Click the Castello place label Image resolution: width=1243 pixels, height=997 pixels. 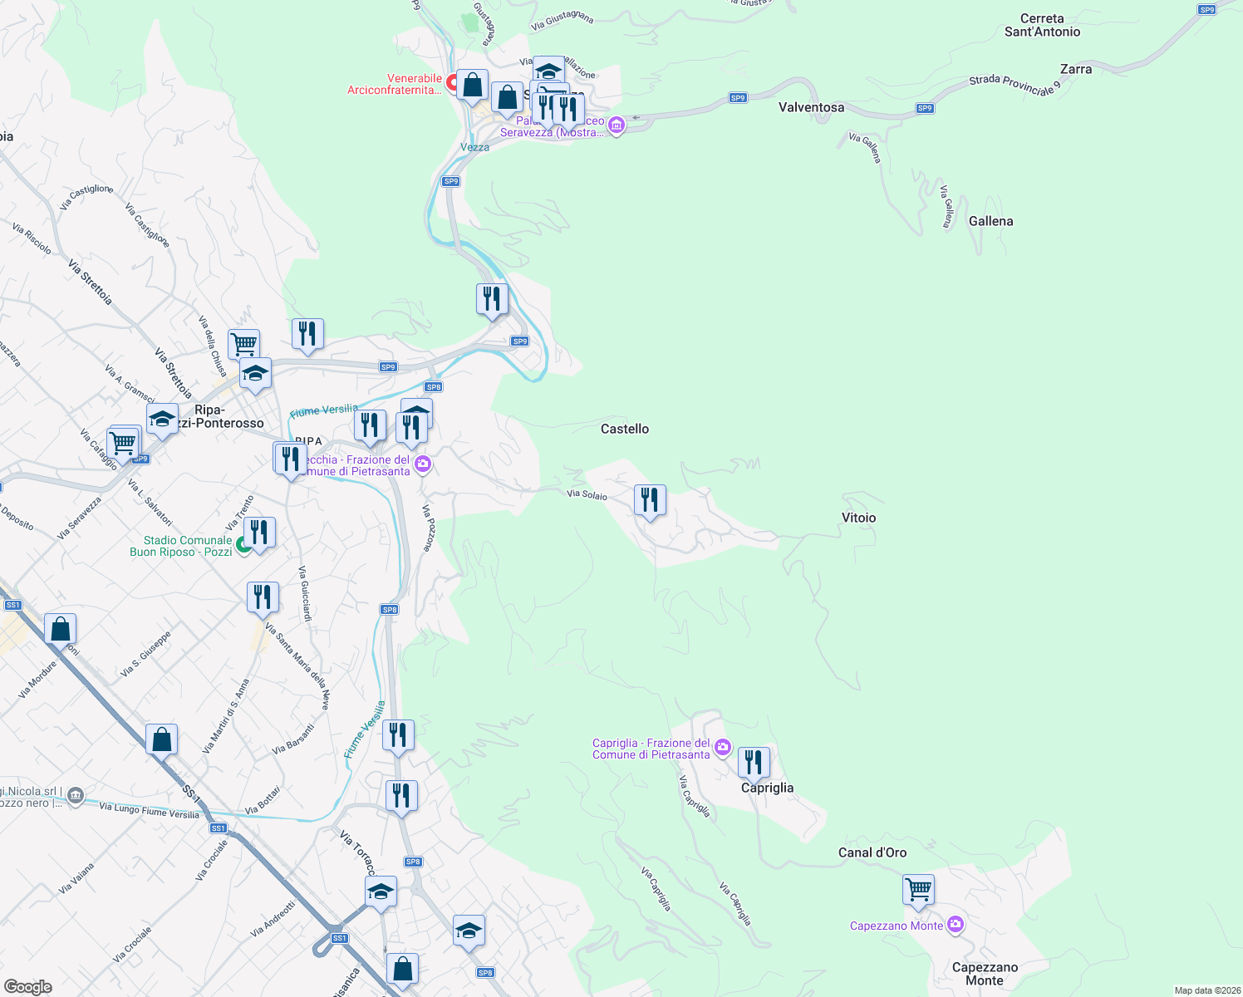point(625,429)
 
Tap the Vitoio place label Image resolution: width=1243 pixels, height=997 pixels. point(858,518)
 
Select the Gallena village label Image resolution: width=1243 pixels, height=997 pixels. point(990,221)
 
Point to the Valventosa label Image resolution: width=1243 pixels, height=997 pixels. point(811,107)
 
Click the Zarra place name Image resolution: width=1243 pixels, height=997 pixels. point(1076,69)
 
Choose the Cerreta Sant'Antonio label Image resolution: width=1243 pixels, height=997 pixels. point(1042,25)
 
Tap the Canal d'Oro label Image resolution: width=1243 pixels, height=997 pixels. point(872,852)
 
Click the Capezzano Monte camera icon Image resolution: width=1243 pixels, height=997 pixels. point(956,925)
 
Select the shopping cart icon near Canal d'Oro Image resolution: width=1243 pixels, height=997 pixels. point(918,889)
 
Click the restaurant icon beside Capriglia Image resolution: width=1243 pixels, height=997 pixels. point(754,762)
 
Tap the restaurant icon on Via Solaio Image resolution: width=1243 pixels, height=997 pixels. point(650,500)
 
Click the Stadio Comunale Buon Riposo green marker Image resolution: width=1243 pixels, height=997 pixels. point(243,545)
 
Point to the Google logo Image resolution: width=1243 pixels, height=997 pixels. point(27,987)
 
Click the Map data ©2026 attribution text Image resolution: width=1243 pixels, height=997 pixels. point(1206,990)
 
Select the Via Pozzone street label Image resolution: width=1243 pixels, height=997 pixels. point(428,528)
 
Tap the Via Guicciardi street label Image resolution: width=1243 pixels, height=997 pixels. point(305,593)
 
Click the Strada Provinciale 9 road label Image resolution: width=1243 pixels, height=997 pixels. point(1015,85)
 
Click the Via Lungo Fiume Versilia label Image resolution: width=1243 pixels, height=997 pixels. point(149,810)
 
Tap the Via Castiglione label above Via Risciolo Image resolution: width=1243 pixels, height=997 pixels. point(86,196)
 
